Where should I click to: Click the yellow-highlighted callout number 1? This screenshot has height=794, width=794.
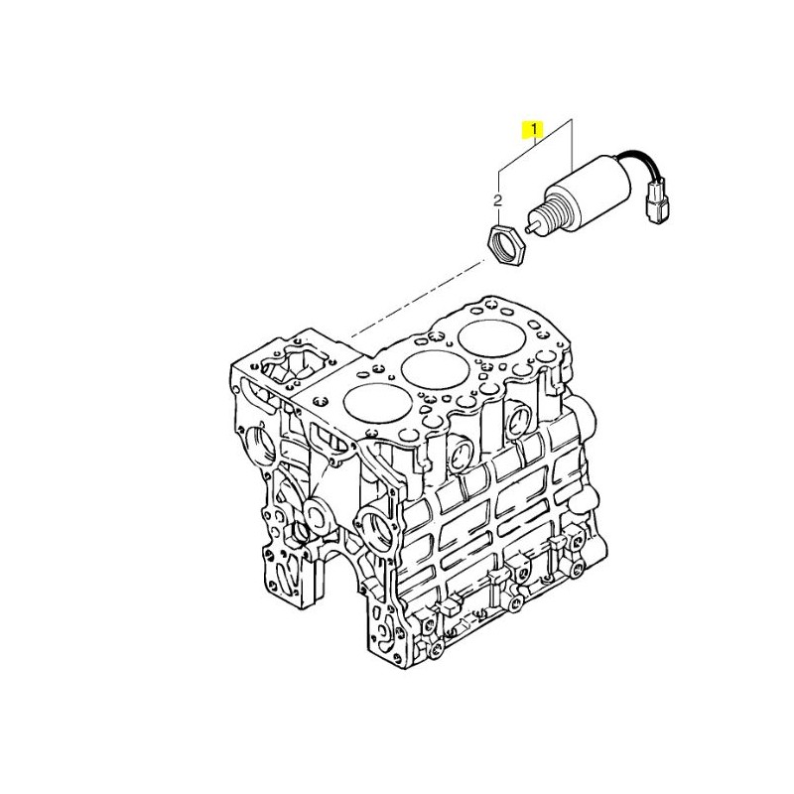(x=534, y=130)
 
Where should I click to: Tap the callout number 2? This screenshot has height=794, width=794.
(x=498, y=200)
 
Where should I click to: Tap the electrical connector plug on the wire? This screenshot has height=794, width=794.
(x=657, y=206)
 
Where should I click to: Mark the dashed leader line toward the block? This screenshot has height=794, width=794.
(x=416, y=299)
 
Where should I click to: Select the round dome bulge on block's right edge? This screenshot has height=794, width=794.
(x=588, y=414)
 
